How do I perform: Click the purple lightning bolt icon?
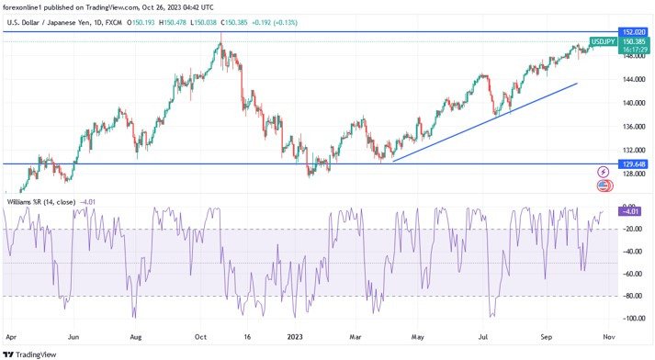tap(604, 172)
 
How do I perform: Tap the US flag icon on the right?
tap(604, 186)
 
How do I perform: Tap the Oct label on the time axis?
tap(200, 337)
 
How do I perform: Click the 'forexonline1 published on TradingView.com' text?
tap(73, 6)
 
